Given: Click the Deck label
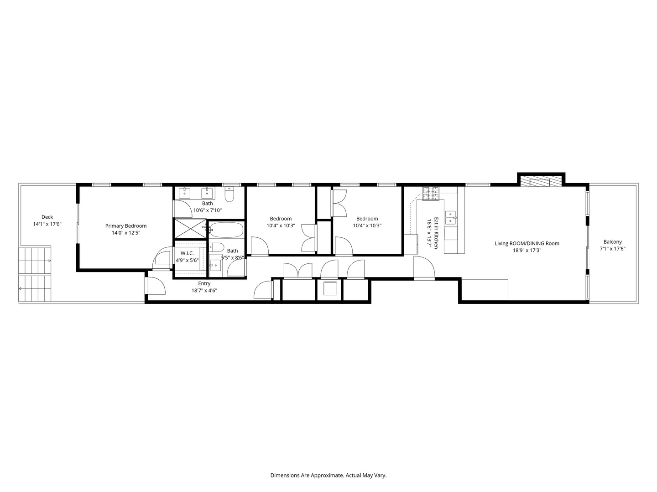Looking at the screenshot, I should tap(47, 217).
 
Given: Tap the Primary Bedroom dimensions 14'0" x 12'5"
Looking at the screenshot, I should tap(126, 233).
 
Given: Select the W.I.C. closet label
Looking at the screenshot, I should tap(187, 253).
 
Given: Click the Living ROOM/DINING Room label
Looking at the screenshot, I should tap(527, 243).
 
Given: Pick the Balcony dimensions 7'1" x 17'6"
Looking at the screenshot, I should tap(612, 249).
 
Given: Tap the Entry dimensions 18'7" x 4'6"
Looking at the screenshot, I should tap(204, 290).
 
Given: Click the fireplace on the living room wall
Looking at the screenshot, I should tap(541, 182).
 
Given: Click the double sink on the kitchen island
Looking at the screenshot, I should tap(451, 217).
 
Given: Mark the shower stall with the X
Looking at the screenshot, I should tap(190, 228).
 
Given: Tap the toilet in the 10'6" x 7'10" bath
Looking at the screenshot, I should tap(229, 195).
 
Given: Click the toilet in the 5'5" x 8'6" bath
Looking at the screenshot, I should tap(217, 247).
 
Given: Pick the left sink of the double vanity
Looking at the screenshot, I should tap(185, 193).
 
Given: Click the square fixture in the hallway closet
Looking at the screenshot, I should tap(329, 289).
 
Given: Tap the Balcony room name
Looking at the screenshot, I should tap(612, 242).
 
